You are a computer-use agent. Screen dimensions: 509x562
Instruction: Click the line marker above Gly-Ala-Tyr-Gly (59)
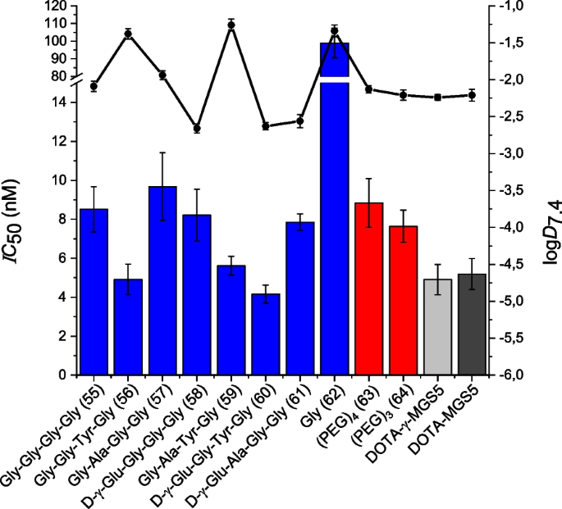click(x=231, y=25)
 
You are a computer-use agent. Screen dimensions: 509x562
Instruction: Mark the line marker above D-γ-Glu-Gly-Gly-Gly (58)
click(x=197, y=128)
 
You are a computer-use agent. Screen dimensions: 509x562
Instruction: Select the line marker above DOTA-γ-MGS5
click(x=437, y=98)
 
